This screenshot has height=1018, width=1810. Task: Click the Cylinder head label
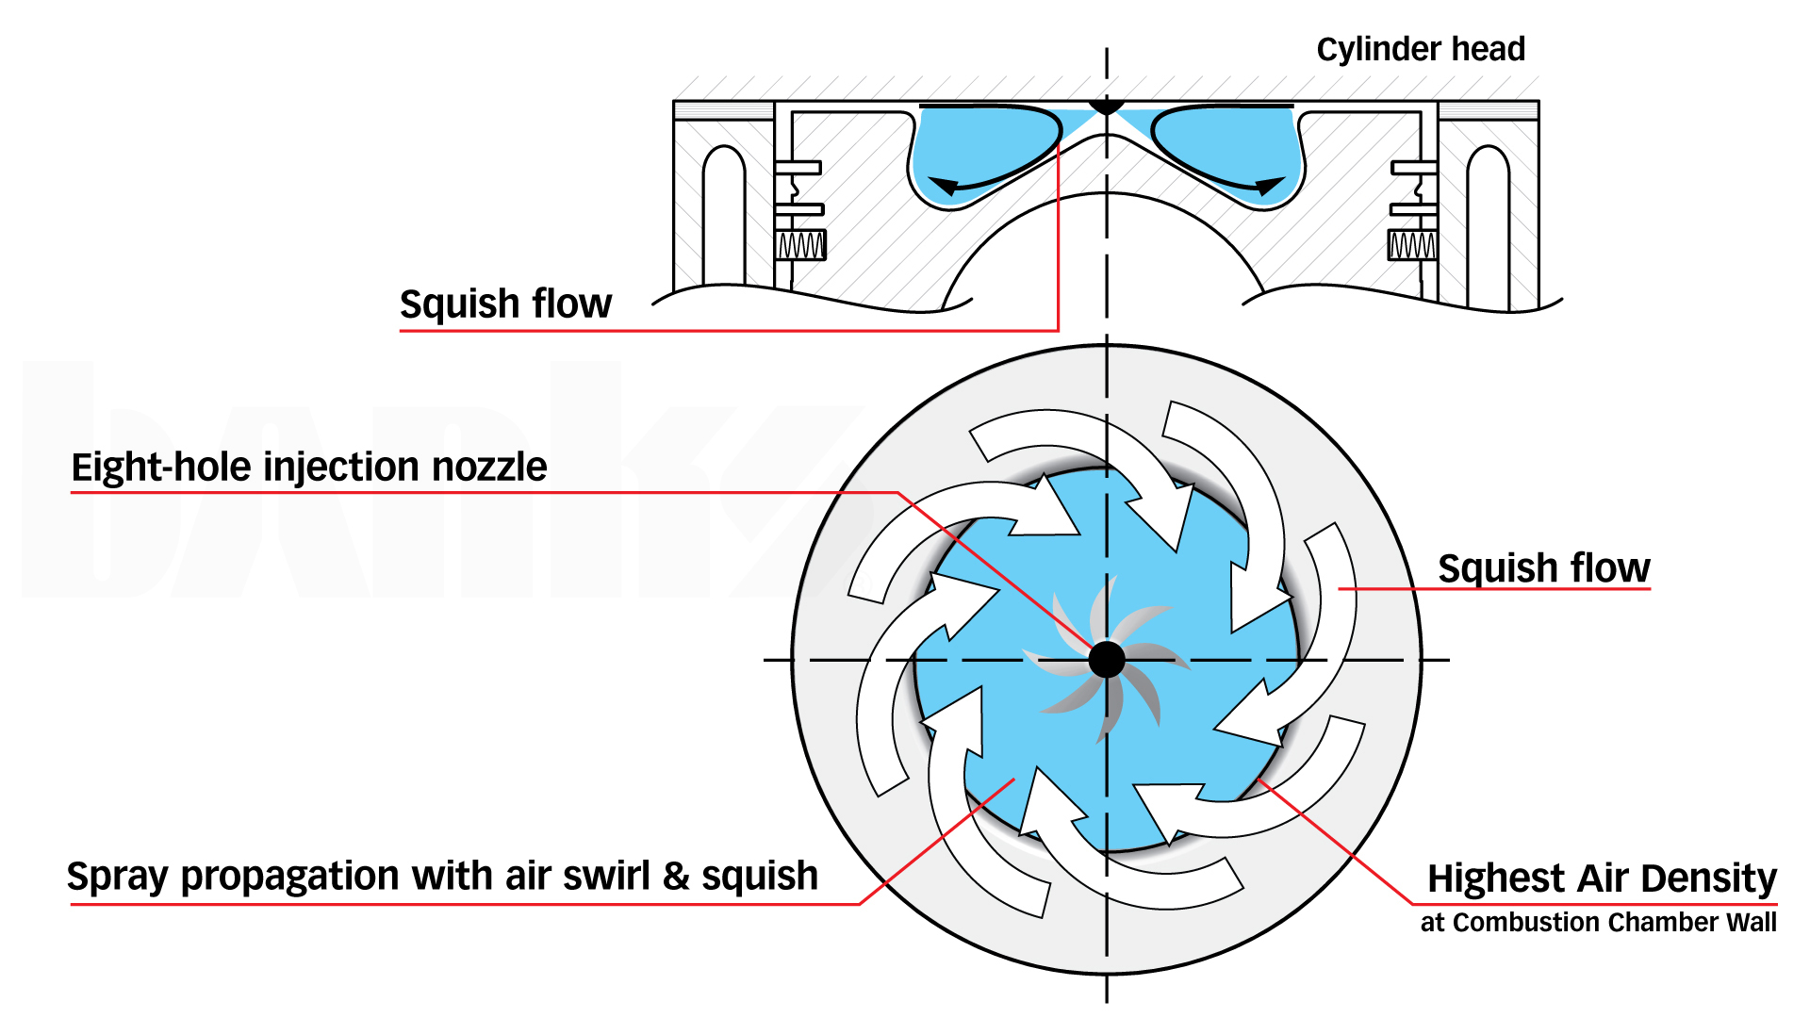point(1420,49)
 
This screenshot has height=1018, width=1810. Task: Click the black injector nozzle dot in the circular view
point(1107,660)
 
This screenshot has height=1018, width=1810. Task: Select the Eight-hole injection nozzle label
point(309,468)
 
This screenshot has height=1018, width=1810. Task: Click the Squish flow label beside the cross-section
point(505,304)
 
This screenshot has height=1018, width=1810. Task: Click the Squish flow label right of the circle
point(1543,568)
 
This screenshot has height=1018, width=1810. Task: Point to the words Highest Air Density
point(1601,878)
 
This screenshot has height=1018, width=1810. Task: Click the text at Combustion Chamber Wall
point(1598,922)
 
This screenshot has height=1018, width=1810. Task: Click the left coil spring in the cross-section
point(800,246)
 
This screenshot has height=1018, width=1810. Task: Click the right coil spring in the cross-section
point(1412,246)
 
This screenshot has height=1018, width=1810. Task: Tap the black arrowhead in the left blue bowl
point(944,186)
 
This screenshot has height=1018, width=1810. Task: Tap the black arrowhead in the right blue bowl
point(1270,186)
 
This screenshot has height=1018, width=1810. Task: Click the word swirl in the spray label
point(605,877)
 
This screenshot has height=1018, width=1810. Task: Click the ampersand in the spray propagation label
point(677,877)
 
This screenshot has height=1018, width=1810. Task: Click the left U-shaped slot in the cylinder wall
point(724,217)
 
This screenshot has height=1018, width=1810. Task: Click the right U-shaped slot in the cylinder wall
point(1488,217)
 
